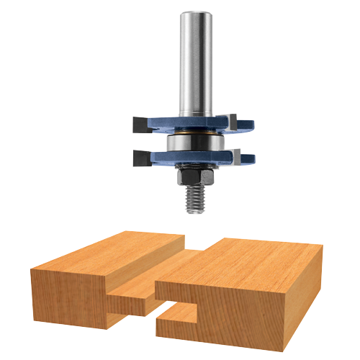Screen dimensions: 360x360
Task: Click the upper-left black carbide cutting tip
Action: [140, 124]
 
